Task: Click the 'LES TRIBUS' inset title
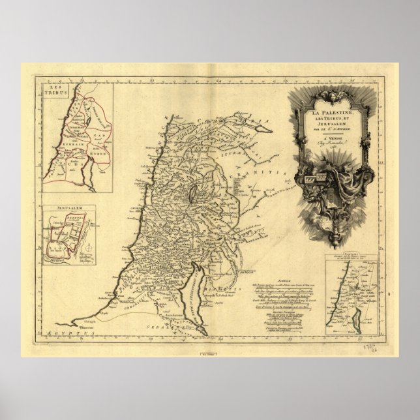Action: pyautogui.click(x=57, y=90)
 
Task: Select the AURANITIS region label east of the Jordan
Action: pyautogui.click(x=261, y=173)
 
